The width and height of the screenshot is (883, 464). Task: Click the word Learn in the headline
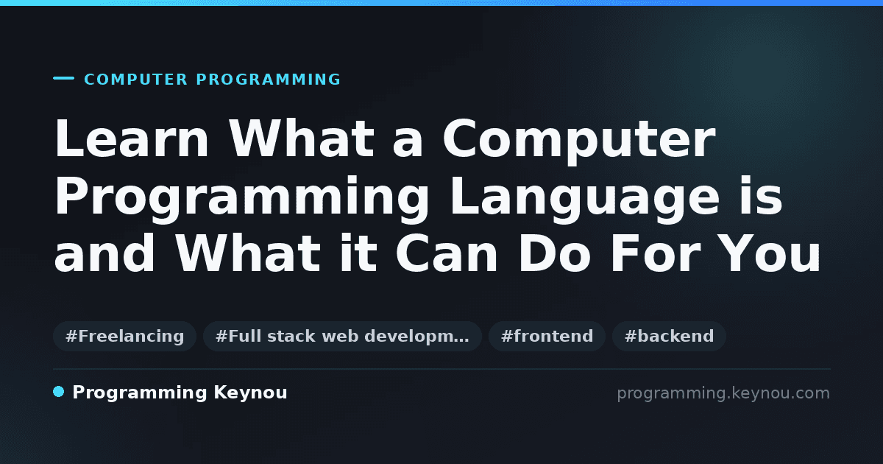(x=131, y=139)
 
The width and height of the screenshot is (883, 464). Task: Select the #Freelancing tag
(x=124, y=336)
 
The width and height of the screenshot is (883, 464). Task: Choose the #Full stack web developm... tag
(x=342, y=336)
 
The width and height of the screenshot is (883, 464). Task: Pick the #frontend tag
(x=547, y=336)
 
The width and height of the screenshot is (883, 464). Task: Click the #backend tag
(x=669, y=336)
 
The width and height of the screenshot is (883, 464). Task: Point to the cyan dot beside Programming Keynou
(x=59, y=392)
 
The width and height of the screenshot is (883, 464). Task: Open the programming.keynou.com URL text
(x=723, y=393)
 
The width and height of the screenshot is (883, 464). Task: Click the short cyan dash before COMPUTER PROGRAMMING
(x=63, y=78)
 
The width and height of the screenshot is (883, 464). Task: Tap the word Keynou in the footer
(x=250, y=393)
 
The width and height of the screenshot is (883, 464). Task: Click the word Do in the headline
(x=554, y=253)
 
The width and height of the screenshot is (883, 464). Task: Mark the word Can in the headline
(x=447, y=253)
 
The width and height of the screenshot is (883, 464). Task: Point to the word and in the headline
(x=104, y=253)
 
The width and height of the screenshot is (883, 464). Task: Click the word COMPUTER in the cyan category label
(x=136, y=80)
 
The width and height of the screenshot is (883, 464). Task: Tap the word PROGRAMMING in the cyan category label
(x=269, y=80)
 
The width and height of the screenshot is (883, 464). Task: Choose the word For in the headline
(x=656, y=253)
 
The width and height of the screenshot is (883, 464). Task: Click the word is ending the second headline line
(x=761, y=196)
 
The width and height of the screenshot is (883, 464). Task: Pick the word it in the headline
(x=358, y=253)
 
